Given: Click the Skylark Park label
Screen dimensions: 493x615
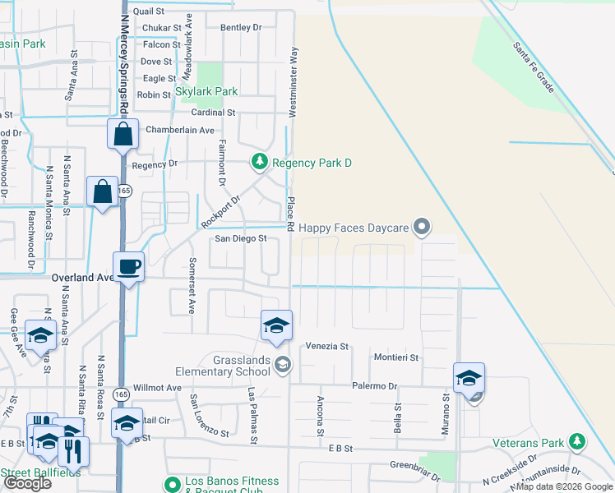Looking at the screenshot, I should (x=206, y=92).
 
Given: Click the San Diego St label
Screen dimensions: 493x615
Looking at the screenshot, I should (x=242, y=238).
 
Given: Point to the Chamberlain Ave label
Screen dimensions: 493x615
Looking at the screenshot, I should (x=180, y=130).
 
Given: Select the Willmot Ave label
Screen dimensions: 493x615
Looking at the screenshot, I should (x=157, y=387).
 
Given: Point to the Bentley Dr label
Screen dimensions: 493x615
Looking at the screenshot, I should (x=241, y=27).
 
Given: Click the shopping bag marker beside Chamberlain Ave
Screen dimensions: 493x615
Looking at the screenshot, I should (x=122, y=134).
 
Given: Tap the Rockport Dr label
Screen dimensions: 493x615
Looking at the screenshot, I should (x=221, y=212).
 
